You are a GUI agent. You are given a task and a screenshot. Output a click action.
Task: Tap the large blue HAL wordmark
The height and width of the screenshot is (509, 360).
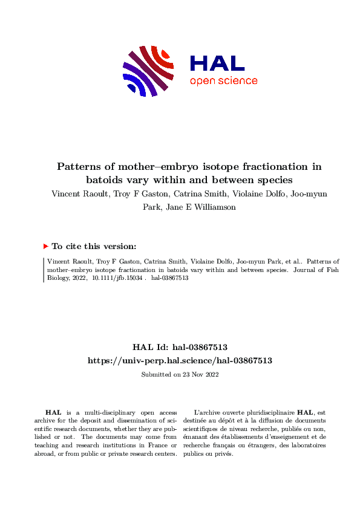217,63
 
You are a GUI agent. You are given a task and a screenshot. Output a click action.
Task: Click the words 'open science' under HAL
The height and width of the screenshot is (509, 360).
223,82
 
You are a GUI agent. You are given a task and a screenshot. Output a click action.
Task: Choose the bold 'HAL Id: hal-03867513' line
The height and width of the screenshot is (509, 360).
180,347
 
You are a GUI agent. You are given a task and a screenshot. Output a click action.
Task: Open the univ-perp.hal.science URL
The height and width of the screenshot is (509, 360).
180,360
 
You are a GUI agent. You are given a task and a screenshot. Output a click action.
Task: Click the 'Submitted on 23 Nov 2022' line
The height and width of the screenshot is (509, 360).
180,374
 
